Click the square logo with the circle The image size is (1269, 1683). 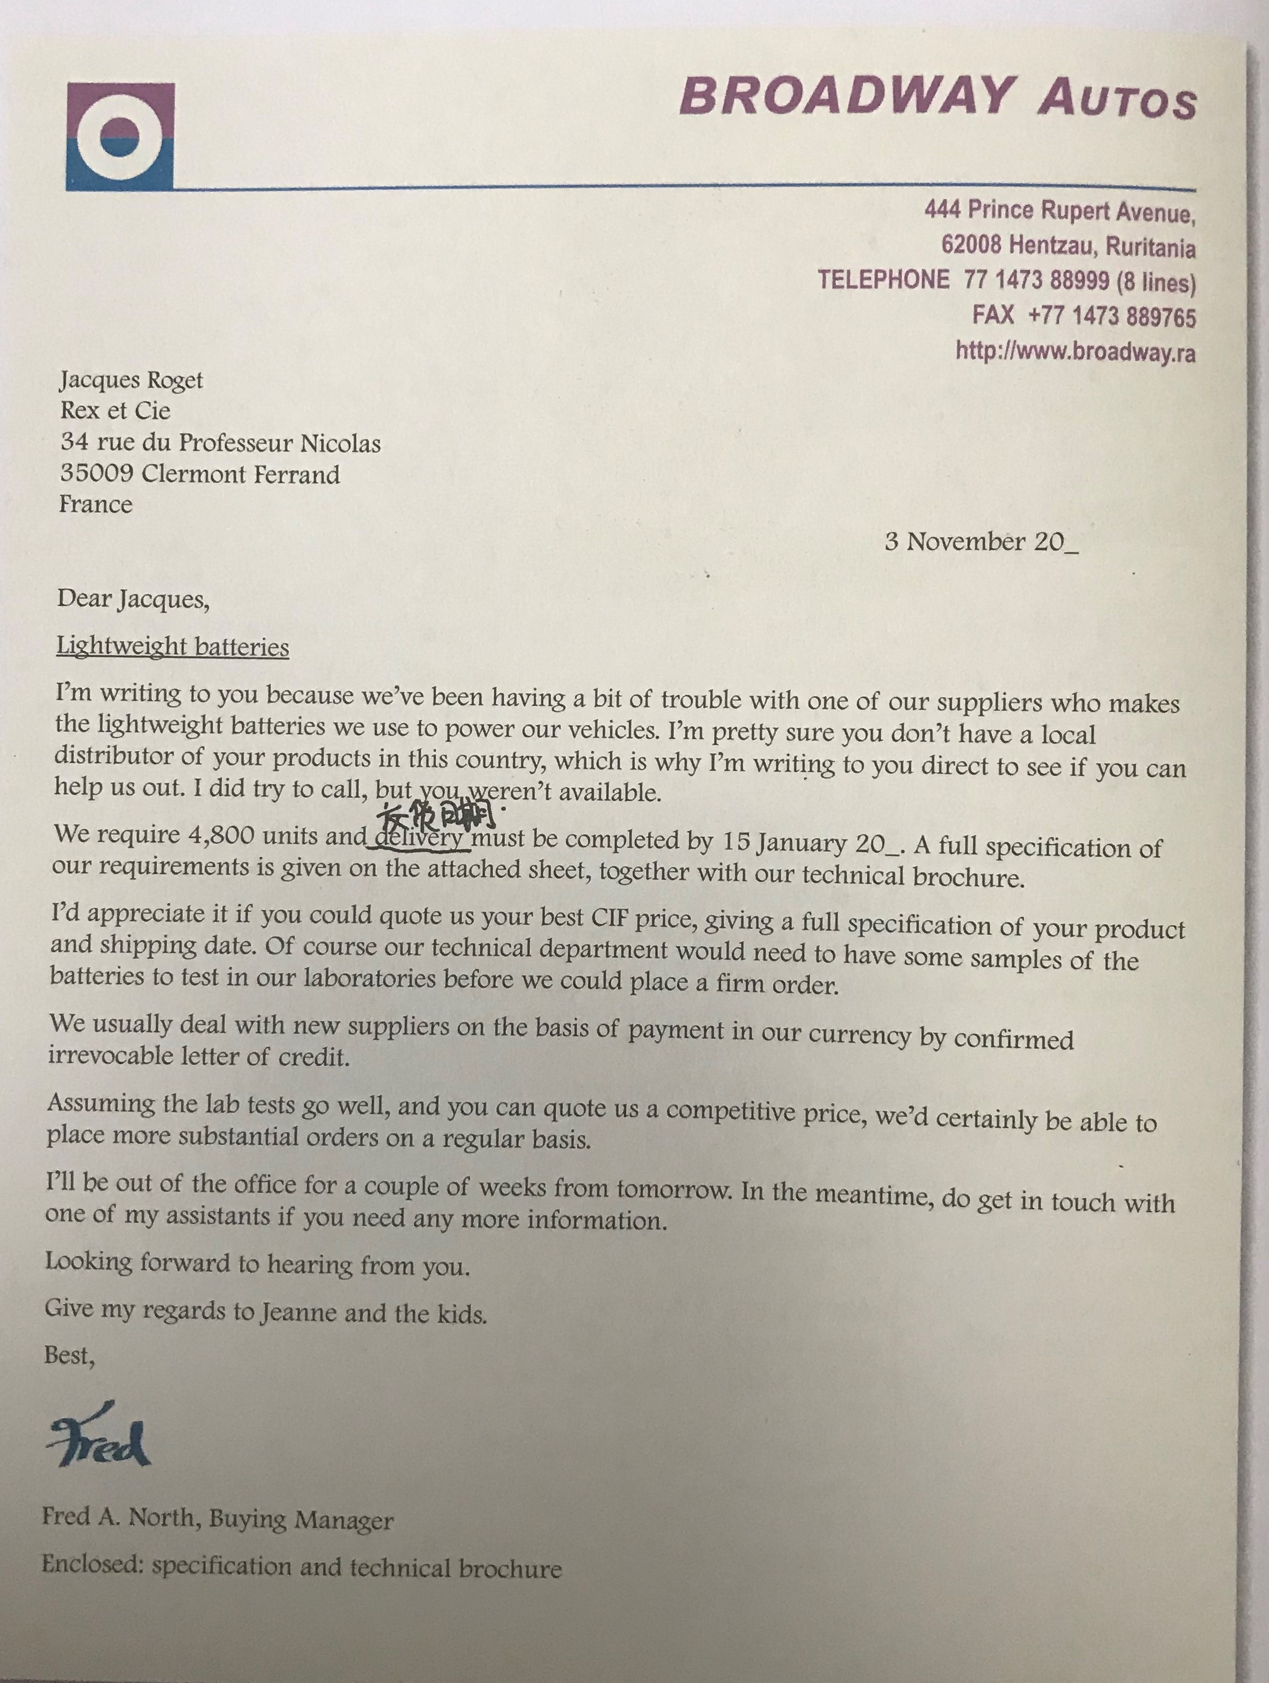120,136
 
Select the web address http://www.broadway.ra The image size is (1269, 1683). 1075,351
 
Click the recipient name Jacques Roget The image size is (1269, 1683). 132,380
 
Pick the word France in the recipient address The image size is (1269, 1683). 96,504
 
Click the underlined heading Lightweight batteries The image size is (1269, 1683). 173,647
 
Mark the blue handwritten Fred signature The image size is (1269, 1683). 99,1440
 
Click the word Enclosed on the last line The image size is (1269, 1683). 91,1564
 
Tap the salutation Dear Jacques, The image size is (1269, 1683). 133,600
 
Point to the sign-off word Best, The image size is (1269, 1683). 69,1355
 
